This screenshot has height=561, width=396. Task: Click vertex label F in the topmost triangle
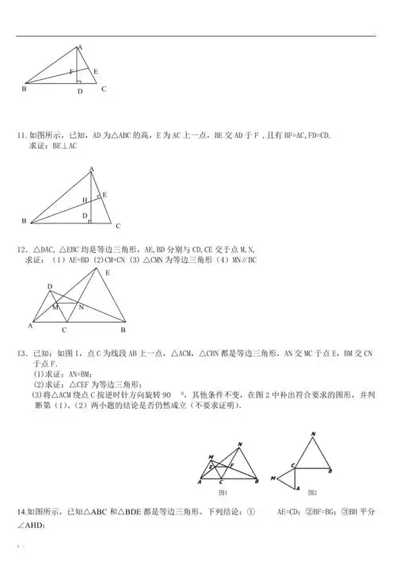(x=71, y=71)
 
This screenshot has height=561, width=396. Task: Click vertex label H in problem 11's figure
(x=84, y=200)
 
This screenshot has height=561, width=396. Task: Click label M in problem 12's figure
(x=55, y=306)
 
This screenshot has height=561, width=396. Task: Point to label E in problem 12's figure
(x=109, y=271)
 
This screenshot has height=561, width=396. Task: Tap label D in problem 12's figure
(x=48, y=286)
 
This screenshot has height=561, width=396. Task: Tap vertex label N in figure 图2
(x=314, y=433)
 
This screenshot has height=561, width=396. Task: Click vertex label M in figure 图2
(x=272, y=478)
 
